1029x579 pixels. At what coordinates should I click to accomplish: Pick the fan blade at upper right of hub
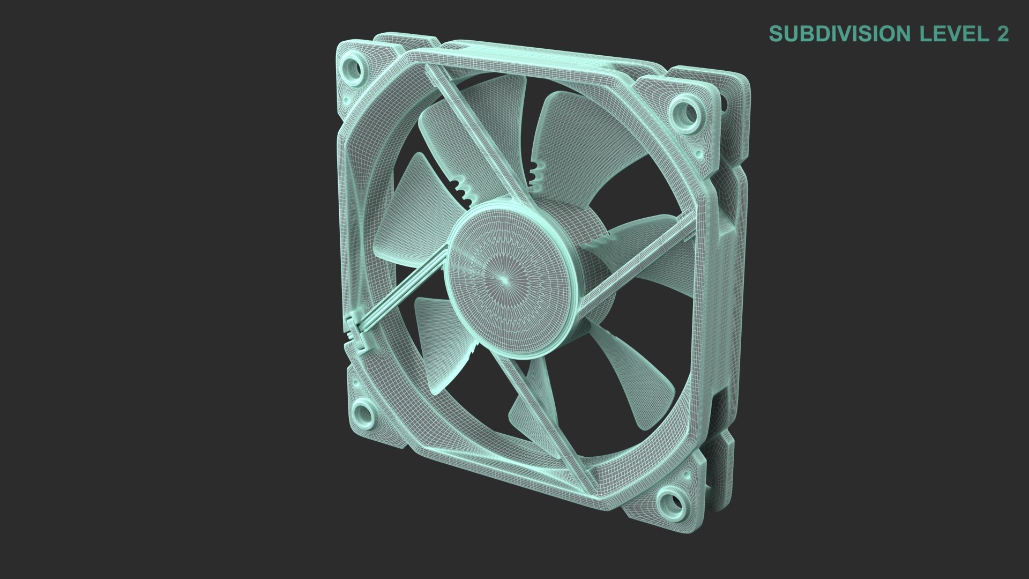click(573, 139)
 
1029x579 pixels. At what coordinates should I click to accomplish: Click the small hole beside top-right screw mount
click(699, 154)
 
